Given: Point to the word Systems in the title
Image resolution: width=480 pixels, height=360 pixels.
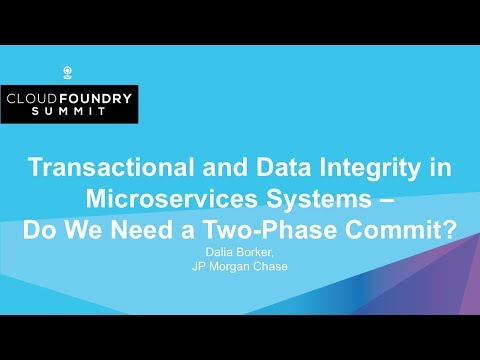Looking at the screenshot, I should [x=340, y=198].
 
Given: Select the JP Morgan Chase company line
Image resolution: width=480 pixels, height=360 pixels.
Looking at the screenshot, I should [x=240, y=266].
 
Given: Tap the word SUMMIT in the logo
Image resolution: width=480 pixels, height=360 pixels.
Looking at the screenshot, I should [x=70, y=114].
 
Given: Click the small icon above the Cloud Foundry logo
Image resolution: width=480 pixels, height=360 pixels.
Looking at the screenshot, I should [x=69, y=72].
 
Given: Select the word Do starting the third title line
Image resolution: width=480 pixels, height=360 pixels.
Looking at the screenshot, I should [x=41, y=227].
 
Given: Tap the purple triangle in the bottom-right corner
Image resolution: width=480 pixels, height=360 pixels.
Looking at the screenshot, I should [x=455, y=290].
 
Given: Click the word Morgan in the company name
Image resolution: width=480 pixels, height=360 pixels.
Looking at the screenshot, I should [x=241, y=266].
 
